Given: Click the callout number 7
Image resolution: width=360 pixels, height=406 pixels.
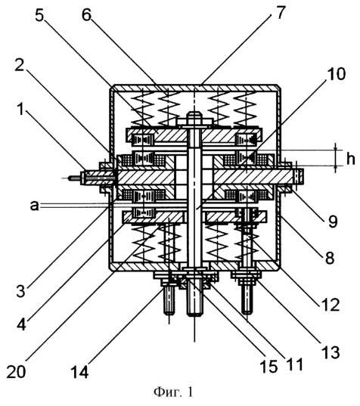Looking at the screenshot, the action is tap(280, 13).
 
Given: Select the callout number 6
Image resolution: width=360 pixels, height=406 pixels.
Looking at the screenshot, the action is tap(87, 15).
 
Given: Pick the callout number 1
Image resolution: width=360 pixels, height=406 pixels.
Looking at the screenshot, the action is tap(19, 110).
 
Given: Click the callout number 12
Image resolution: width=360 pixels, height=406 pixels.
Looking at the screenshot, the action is tap(330, 304).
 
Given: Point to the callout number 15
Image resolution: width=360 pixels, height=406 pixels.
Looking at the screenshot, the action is tap(268, 366).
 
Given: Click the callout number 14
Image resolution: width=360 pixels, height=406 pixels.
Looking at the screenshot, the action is tap(80, 371).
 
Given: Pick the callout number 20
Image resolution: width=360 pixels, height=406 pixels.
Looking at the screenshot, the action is tap(16, 371).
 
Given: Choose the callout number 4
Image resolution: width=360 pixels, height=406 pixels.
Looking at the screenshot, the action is tap(22, 323).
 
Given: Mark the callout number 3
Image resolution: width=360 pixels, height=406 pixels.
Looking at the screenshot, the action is tap(20, 291).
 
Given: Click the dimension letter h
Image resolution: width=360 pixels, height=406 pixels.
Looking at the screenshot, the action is tap(350, 158).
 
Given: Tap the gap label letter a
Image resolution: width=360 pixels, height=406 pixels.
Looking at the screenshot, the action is tap(34, 206).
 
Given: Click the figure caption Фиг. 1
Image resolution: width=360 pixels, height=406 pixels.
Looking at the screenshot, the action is tap(173, 392).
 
